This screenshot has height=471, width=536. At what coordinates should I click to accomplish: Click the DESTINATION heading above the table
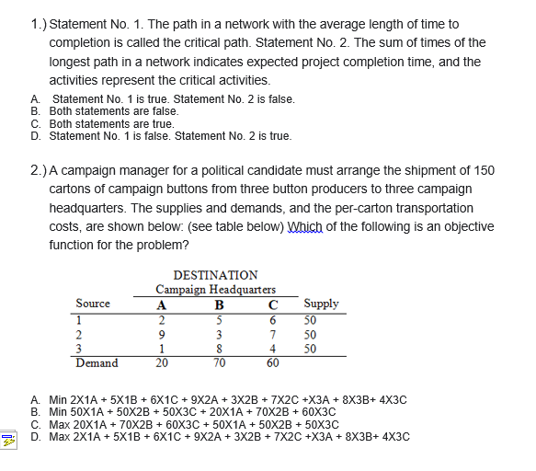[x=215, y=274]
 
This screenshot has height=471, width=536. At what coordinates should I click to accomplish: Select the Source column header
[x=93, y=304]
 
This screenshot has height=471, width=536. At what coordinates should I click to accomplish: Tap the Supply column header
[x=320, y=304]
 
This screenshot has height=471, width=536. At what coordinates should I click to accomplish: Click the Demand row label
[x=97, y=362]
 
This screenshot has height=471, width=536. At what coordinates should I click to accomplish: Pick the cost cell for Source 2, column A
[x=161, y=334]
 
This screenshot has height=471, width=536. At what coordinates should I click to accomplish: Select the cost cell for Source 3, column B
[x=218, y=349]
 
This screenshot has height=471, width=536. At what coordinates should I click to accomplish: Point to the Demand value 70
[x=218, y=363]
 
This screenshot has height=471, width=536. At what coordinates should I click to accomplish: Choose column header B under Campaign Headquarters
[x=218, y=304]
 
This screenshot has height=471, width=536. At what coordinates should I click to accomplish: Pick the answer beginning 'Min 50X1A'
[x=191, y=412]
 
